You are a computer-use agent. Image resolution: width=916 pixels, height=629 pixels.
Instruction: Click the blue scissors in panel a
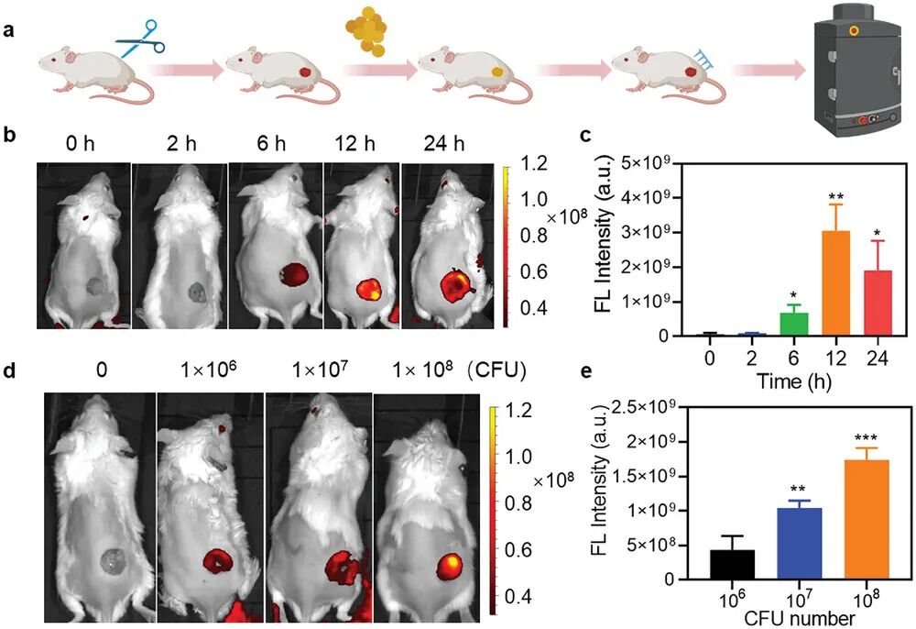tap(140, 39)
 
